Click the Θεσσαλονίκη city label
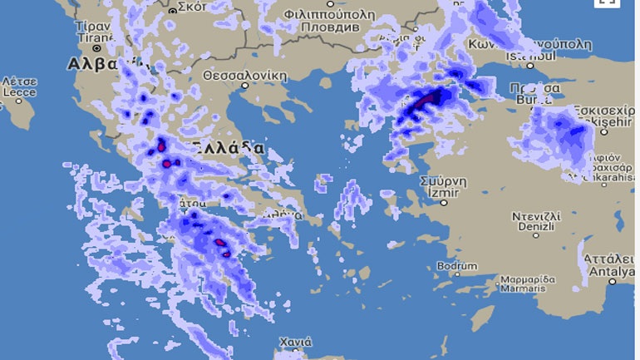coord(245,75)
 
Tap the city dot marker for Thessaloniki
coord(244,85)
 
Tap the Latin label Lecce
coord(18,93)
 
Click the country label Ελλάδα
coord(229,147)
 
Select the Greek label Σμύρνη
coord(443,180)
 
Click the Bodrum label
coord(456,266)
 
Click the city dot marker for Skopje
coord(173,12)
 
